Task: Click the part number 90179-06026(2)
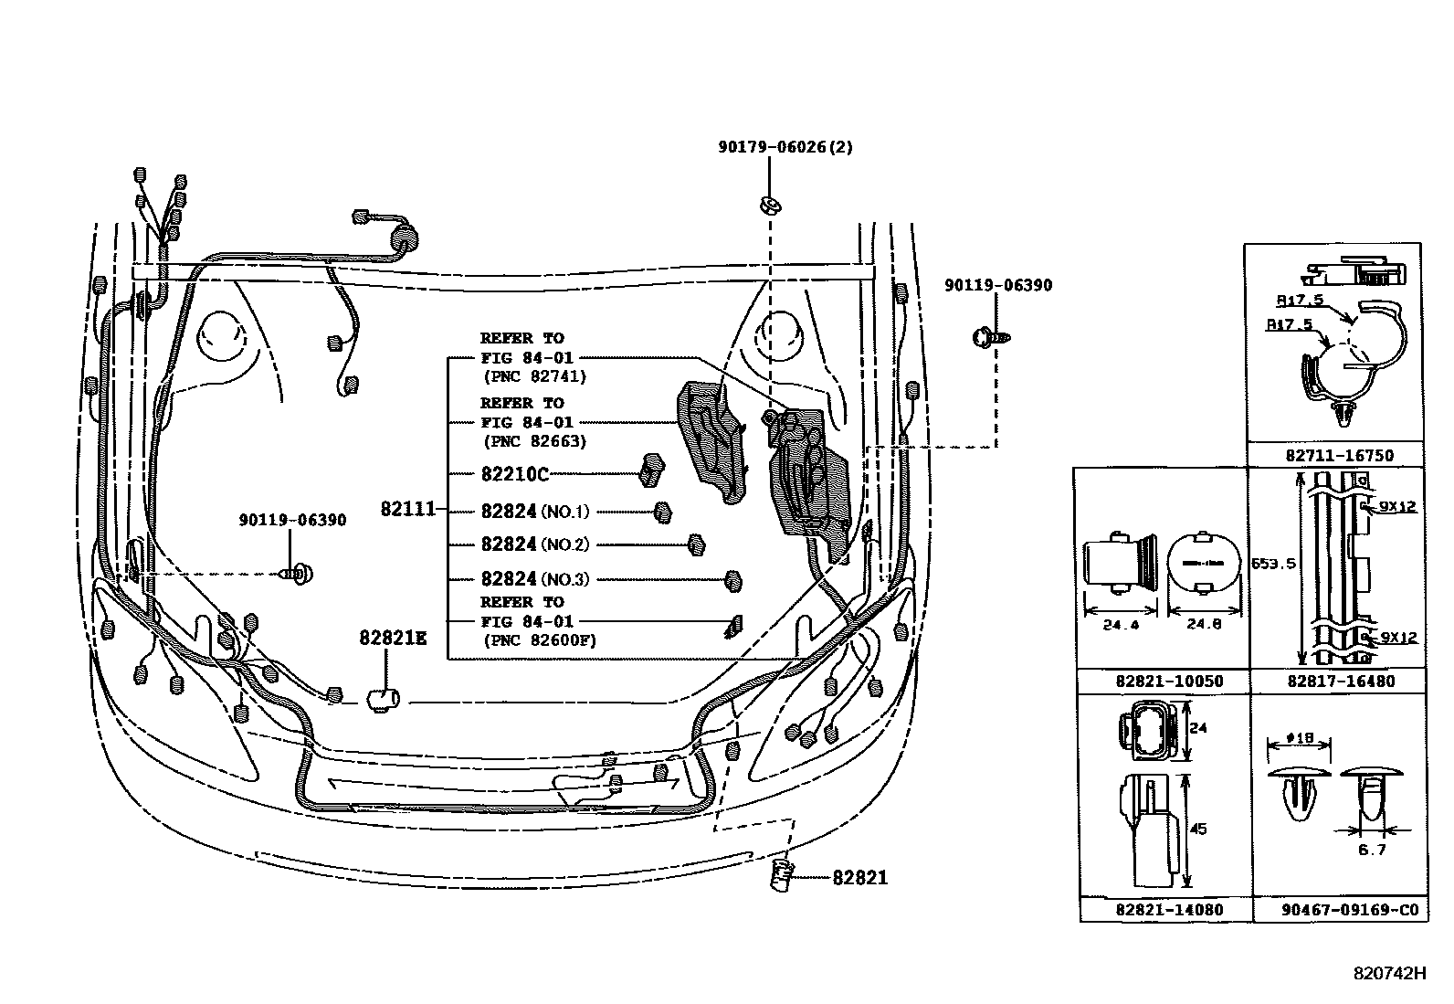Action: click(x=785, y=147)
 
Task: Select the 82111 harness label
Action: click(x=407, y=510)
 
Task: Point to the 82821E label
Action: click(x=393, y=639)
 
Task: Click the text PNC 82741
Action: click(x=534, y=376)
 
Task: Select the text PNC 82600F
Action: click(x=539, y=639)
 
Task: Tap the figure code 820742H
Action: click(x=1389, y=974)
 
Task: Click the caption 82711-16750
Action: click(x=1334, y=455)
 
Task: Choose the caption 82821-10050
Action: click(x=1163, y=682)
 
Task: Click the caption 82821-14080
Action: click(x=1163, y=909)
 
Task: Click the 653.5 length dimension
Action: click(x=1272, y=564)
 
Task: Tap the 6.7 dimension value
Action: click(x=1372, y=850)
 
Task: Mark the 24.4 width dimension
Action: click(x=1119, y=626)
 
